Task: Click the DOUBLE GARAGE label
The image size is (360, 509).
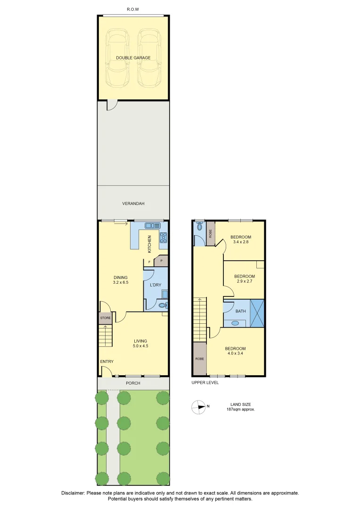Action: [x=133, y=57]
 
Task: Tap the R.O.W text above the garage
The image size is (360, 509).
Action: [x=133, y=9]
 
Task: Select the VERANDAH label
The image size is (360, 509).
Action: [x=133, y=204]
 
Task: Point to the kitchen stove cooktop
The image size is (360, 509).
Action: [x=164, y=237]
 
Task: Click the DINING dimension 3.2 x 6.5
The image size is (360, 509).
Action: [x=121, y=282]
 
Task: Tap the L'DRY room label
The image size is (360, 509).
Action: [x=155, y=285]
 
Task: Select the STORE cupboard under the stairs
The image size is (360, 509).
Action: [x=105, y=318]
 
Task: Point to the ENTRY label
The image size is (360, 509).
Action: [x=106, y=361]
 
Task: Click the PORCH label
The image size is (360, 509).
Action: [x=133, y=383]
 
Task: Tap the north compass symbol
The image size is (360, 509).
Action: [x=198, y=407]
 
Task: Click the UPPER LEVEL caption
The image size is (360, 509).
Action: [x=205, y=383]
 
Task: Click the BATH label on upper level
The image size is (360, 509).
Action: [x=240, y=311]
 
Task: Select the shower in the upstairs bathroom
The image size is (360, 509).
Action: [x=257, y=312]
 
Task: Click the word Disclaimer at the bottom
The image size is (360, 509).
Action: [x=73, y=493]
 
